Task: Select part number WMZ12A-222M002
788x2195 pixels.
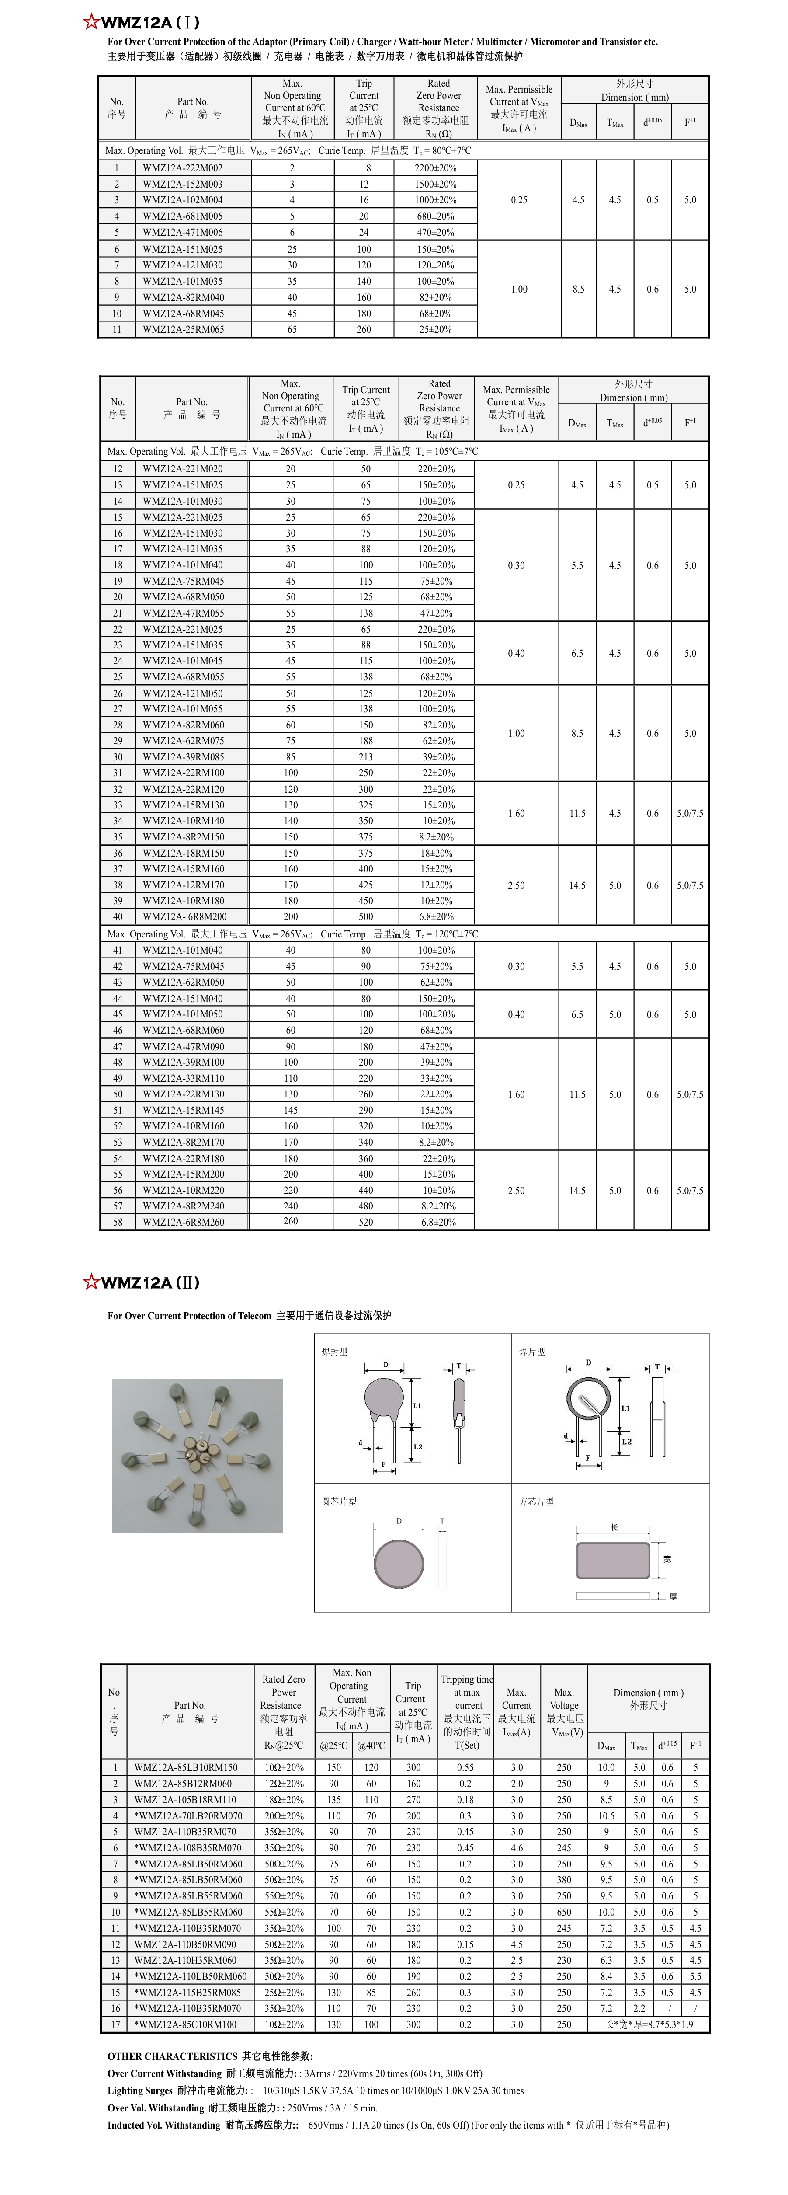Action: point(182,168)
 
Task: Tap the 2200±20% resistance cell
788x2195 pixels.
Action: point(435,168)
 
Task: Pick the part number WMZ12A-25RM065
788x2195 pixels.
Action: point(182,329)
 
